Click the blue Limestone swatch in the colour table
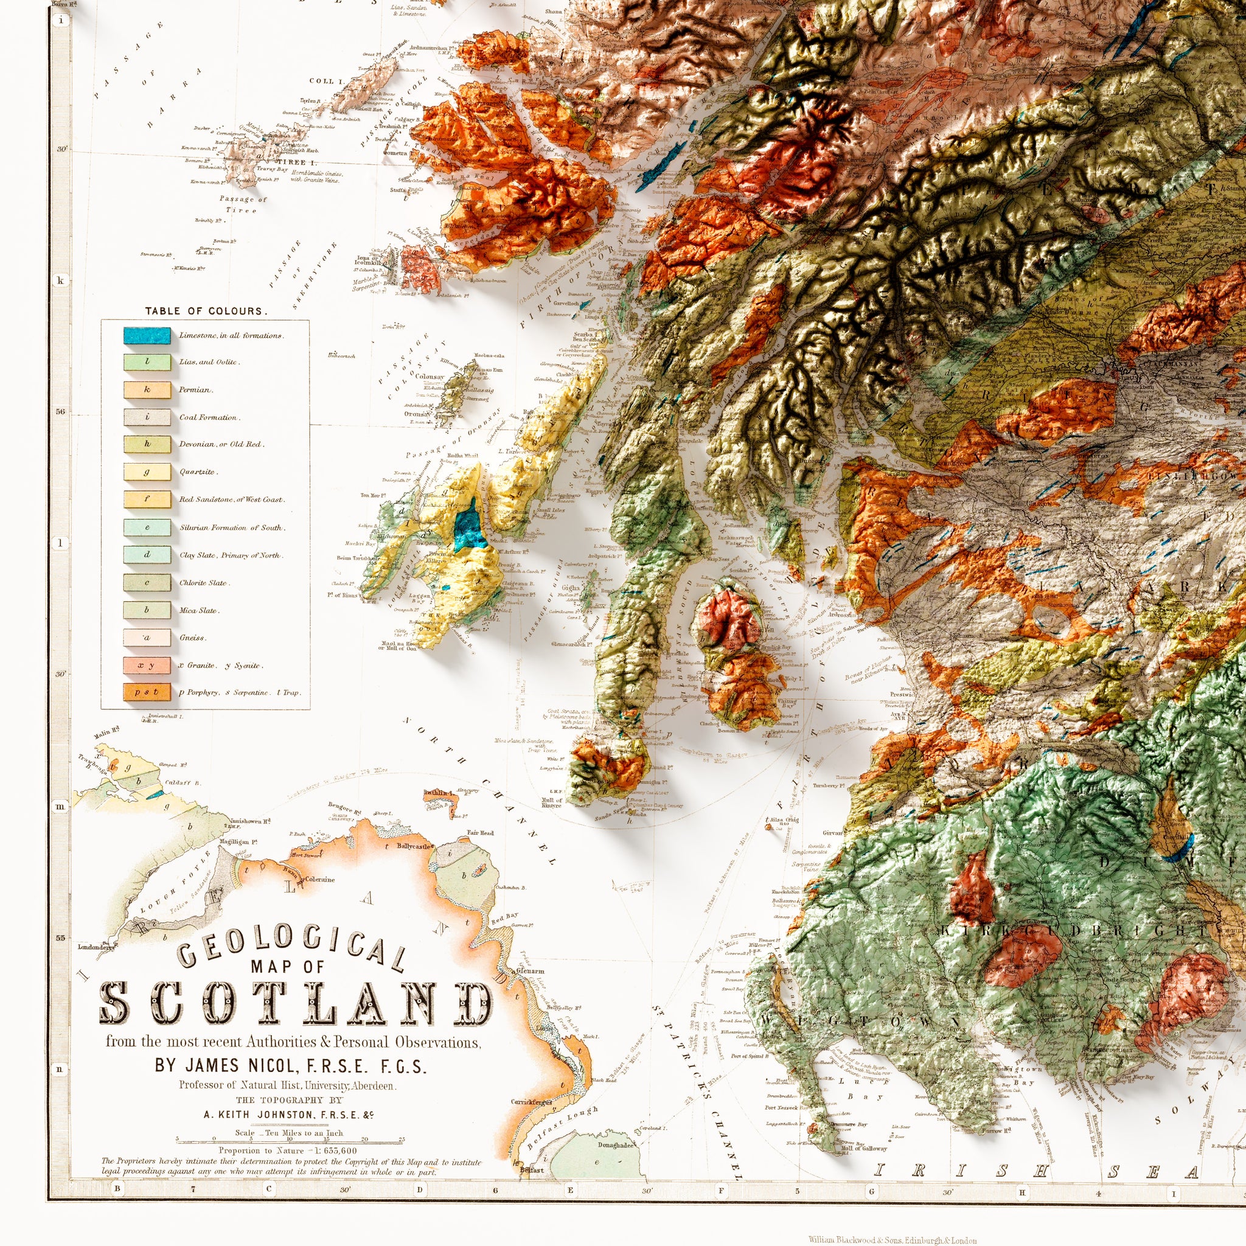point(147,335)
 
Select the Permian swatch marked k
point(147,389)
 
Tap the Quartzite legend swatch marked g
point(147,472)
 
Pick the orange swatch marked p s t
point(147,692)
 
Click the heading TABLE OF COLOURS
point(206,311)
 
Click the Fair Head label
point(481,833)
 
